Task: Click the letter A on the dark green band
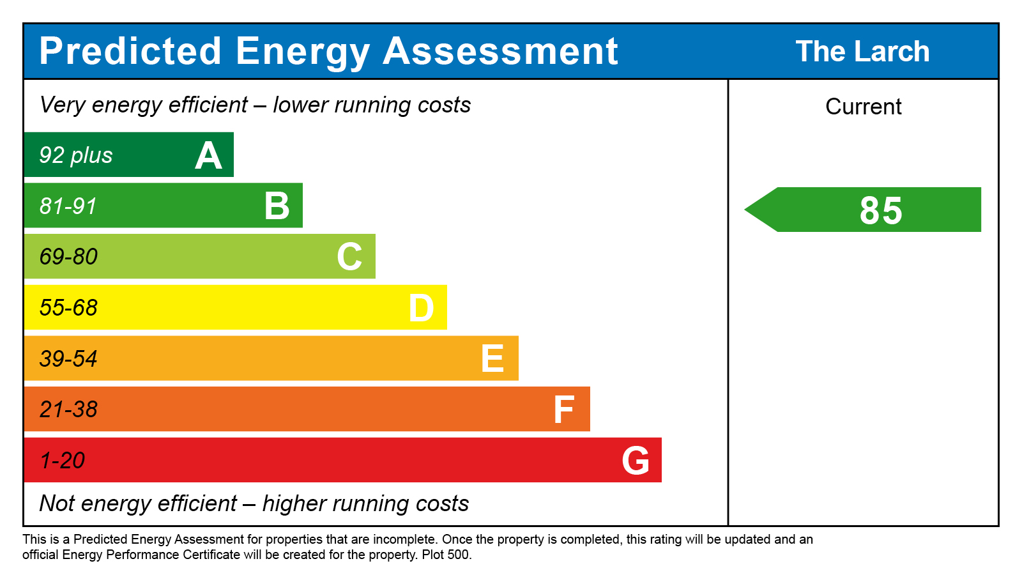coord(208,156)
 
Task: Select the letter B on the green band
coord(277,206)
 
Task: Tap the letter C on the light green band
coord(349,257)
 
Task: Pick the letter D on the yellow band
coord(421,308)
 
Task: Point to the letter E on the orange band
coord(492,358)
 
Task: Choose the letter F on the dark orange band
coord(564,410)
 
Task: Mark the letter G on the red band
coord(636,461)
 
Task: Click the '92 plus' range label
coord(76,155)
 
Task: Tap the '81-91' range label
coord(68,206)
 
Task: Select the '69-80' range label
coord(68,257)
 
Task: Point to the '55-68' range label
coord(68,308)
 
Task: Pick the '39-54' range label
coord(68,358)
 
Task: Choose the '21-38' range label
coord(68,410)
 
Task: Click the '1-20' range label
coord(62,461)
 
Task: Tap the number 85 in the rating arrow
coord(881,210)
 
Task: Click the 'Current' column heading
coord(863,107)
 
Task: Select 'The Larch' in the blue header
coord(862,52)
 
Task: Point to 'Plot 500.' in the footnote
coord(446,555)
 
